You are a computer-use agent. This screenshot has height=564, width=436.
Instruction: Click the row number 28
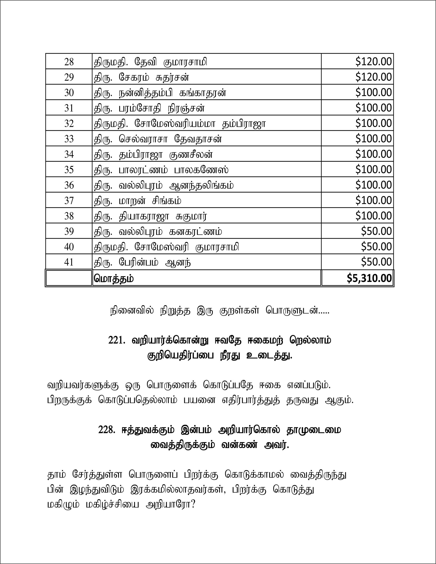69,62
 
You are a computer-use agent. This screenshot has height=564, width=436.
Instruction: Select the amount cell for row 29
373,77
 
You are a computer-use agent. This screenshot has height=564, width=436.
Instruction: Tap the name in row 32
179,124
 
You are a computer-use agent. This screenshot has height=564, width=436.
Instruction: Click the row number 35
69,170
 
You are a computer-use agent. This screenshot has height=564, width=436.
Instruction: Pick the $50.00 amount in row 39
376,231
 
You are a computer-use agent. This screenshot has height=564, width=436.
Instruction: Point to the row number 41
69,262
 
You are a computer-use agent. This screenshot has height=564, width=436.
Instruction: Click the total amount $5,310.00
369,278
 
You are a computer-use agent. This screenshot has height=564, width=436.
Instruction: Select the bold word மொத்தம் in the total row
114,279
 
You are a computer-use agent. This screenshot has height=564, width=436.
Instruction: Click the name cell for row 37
137,201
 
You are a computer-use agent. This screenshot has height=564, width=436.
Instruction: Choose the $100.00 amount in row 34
373,154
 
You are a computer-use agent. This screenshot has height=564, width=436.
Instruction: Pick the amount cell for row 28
373,62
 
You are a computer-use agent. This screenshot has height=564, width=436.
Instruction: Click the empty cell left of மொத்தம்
69,278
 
